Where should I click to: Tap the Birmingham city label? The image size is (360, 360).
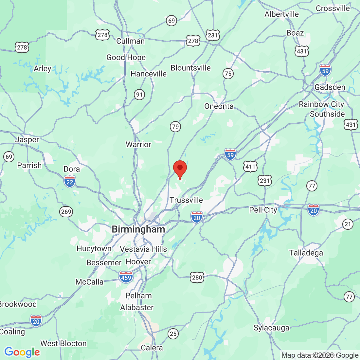pyautogui.click(x=138, y=229)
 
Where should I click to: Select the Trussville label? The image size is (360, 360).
pyautogui.click(x=186, y=200)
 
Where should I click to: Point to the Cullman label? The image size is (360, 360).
pyautogui.click(x=130, y=41)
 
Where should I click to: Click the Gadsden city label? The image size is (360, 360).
pyautogui.click(x=330, y=87)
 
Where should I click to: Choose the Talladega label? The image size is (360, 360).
pyautogui.click(x=306, y=253)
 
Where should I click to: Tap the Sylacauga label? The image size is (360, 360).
pyautogui.click(x=272, y=328)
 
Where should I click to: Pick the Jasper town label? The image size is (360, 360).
pyautogui.click(x=27, y=139)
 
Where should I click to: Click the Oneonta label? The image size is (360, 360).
pyautogui.click(x=219, y=106)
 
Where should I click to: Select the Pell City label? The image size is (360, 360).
pyautogui.click(x=263, y=210)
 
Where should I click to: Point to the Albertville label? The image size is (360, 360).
pyautogui.click(x=282, y=14)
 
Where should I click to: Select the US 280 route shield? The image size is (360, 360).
pyautogui.click(x=197, y=278)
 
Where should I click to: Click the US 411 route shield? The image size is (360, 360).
pyautogui.click(x=250, y=167)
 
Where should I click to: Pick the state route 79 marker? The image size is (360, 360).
pyautogui.click(x=176, y=127)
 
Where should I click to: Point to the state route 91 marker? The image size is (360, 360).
pyautogui.click(x=139, y=95)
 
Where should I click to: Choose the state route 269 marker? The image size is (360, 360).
pyautogui.click(x=66, y=211)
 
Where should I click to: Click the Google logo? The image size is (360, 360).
pyautogui.click(x=22, y=352)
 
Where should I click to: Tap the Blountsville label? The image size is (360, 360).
pyautogui.click(x=191, y=68)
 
